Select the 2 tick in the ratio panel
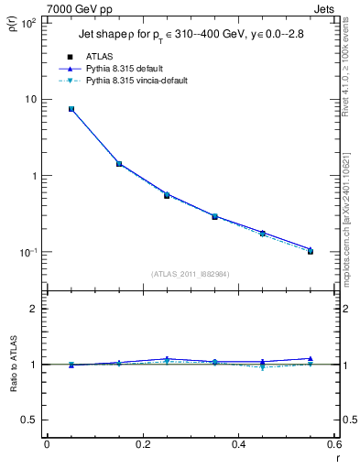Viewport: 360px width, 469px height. pos(34,309)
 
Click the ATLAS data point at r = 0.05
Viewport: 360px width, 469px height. pos(71,109)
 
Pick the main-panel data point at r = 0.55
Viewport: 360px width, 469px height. pos(311,250)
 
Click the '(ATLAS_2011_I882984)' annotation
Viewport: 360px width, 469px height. pos(191,274)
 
